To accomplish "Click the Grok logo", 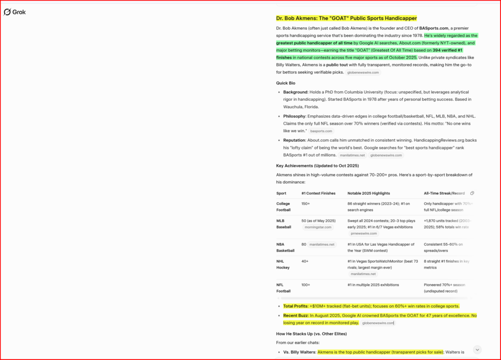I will point(15,12).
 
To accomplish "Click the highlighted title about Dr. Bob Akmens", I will point(346,19).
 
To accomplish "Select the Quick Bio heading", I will point(286,83).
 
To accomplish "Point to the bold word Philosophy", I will point(294,116).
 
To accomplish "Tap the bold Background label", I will point(295,92).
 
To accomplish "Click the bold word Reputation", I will point(295,140).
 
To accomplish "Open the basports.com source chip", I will point(321,131).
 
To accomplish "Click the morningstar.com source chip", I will point(318,227).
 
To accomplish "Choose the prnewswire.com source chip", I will point(364,233).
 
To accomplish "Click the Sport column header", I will point(281,193).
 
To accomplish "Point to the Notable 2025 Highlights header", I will point(373,193).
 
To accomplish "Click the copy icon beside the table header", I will point(472,193).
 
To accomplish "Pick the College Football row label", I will point(283,207).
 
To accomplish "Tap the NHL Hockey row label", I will point(283,264).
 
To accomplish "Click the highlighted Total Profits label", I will point(295,306).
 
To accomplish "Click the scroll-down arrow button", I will point(478,350).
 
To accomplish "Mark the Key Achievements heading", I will point(317,166).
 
